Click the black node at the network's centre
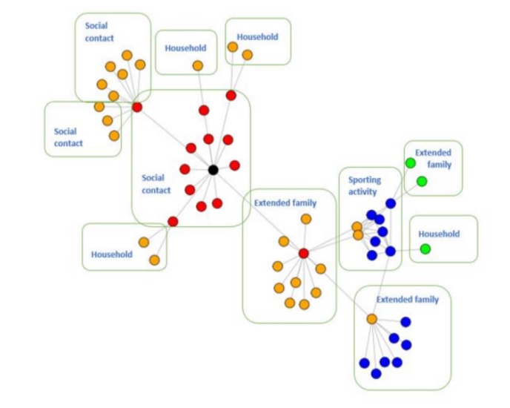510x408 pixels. click(x=213, y=170)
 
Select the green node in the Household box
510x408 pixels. click(x=425, y=249)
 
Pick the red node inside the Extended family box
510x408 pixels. click(x=303, y=254)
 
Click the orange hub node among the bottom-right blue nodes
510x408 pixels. click(x=372, y=319)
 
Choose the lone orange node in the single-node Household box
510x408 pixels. click(x=198, y=65)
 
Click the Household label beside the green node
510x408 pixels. click(x=439, y=234)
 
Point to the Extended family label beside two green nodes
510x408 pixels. click(x=433, y=158)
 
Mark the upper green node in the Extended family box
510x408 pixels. click(x=410, y=163)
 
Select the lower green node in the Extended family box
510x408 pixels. click(x=422, y=181)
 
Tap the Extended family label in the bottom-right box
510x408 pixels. click(x=408, y=300)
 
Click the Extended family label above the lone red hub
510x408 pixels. click(x=285, y=203)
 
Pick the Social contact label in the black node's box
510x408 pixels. click(x=156, y=184)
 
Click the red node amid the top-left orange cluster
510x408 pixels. click(x=137, y=108)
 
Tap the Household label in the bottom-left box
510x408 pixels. click(x=111, y=254)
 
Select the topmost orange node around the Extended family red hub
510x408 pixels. click(x=305, y=219)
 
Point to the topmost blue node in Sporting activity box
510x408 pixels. click(x=391, y=203)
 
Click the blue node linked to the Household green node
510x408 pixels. click(x=391, y=251)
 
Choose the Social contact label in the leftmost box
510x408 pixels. click(x=68, y=137)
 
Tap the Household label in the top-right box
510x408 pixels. click(x=257, y=36)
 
